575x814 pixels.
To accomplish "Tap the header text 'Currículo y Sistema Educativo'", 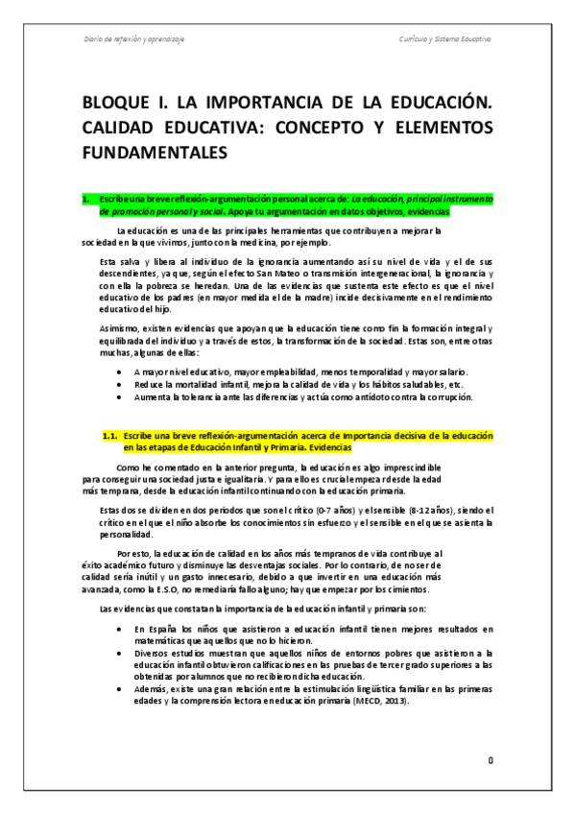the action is (x=444, y=39).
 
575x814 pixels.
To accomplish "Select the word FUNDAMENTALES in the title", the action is (x=152, y=152).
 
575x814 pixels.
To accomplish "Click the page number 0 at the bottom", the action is (x=490, y=760).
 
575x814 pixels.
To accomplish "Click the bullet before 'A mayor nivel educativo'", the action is (x=117, y=371).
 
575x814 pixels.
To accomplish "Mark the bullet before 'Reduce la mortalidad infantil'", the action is (x=117, y=383).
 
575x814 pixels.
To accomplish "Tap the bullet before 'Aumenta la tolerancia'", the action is (x=117, y=396).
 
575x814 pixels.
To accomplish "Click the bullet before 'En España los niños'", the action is (x=117, y=629).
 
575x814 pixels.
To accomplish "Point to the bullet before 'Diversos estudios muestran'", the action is (x=117, y=653).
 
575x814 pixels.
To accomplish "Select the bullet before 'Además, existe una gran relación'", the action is (x=117, y=689).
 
